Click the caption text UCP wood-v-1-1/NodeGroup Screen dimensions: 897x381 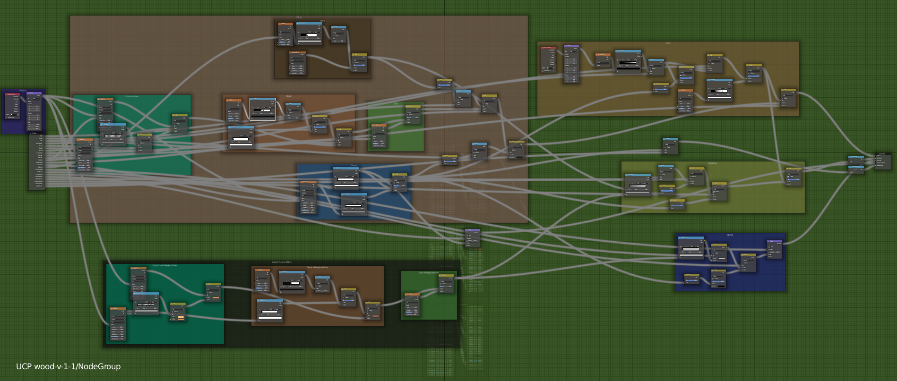click(x=68, y=366)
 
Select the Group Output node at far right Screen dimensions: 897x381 click(x=882, y=161)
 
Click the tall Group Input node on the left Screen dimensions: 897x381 click(x=36, y=161)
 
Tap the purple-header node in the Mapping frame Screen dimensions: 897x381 click(x=34, y=111)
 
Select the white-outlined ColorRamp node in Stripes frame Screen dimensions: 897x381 click(x=262, y=109)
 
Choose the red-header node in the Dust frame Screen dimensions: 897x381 click(x=549, y=59)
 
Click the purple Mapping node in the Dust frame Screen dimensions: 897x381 click(x=571, y=64)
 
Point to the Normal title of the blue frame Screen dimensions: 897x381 click(x=730, y=235)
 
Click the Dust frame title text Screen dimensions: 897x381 click(x=668, y=43)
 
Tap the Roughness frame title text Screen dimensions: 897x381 click(x=712, y=163)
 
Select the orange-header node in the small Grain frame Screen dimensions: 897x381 click(x=379, y=135)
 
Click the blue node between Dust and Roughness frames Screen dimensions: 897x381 click(x=670, y=146)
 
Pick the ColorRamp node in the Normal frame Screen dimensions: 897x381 click(x=691, y=248)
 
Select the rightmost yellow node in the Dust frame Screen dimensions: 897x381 click(x=788, y=98)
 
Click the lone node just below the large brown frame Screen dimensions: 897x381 click(x=473, y=238)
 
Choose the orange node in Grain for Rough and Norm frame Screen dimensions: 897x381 click(x=412, y=305)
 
